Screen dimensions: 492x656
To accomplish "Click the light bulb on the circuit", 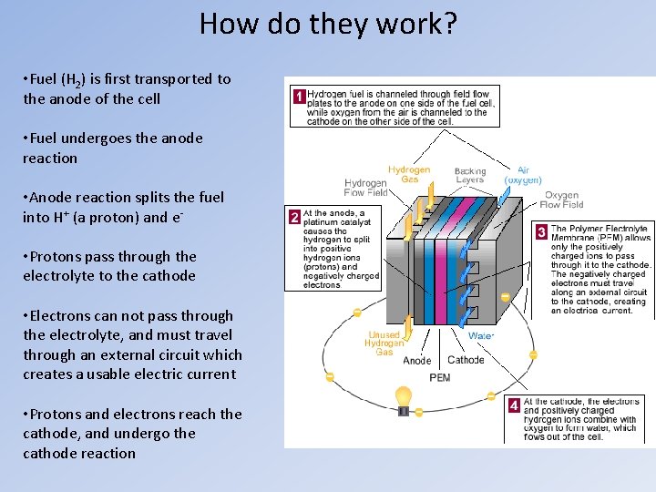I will pos(403,398).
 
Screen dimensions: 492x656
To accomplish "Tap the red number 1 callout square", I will pos(297,96).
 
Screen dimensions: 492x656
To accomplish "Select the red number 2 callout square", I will pos(293,217).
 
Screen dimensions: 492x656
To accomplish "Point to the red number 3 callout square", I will pos(541,232).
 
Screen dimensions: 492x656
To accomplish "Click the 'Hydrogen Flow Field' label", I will pos(365,188).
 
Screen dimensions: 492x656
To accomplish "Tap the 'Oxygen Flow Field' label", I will pos(561,200).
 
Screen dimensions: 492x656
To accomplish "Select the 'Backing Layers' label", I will pos(470,175).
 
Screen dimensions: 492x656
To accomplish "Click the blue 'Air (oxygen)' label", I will pos(523,175).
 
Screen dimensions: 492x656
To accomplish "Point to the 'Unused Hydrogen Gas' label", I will pos(384,343).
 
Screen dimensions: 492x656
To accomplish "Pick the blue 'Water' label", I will pos(481,335).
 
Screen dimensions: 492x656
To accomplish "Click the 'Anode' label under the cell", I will pos(417,360).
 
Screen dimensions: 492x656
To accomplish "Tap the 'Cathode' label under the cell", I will pos(466,360).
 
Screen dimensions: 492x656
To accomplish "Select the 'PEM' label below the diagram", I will pos(439,377).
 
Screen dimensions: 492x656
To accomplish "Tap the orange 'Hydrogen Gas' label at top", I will pos(409,175).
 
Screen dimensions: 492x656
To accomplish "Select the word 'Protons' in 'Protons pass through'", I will pos(60,257).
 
